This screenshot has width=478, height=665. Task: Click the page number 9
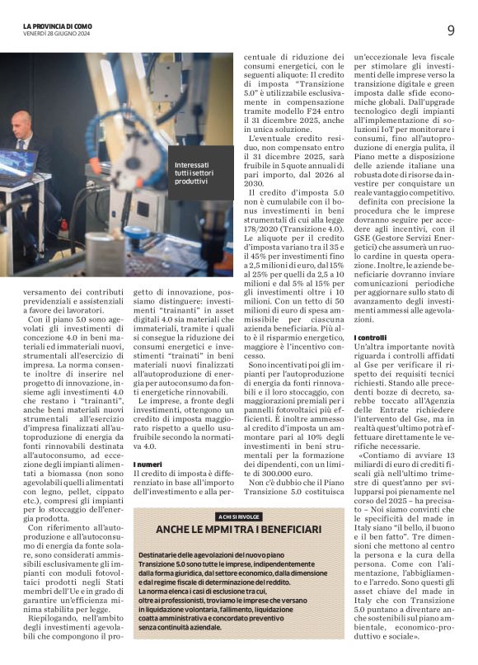(x=451, y=31)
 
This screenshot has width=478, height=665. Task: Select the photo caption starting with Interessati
(x=191, y=173)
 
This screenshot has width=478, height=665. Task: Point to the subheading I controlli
(x=369, y=338)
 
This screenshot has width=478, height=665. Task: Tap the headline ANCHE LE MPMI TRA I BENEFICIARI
(x=239, y=529)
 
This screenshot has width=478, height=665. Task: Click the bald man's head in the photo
(x=21, y=124)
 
